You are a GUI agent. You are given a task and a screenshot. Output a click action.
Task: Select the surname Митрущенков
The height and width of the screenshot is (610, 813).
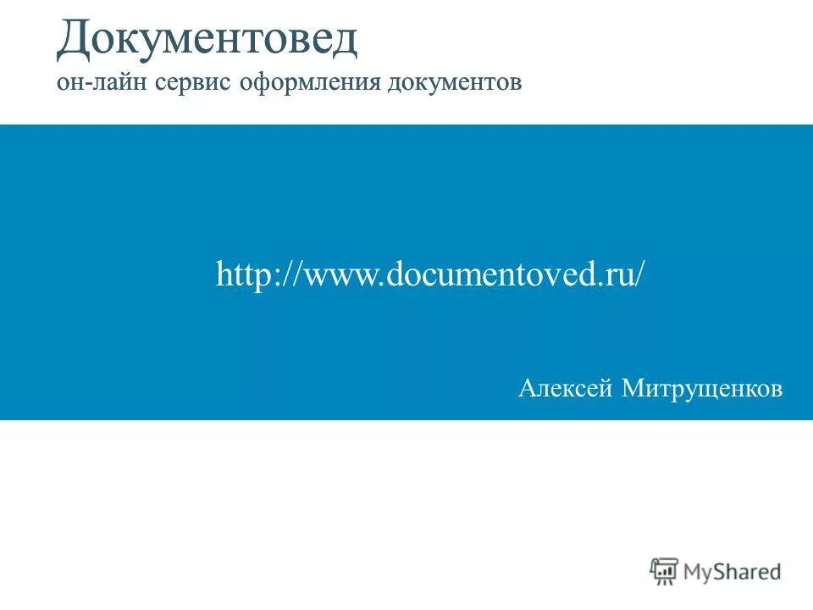coord(702,389)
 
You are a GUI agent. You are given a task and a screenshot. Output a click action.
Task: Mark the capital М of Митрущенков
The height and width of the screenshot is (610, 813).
coord(633,389)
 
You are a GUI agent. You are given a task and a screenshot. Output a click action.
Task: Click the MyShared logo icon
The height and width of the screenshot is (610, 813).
coord(665,571)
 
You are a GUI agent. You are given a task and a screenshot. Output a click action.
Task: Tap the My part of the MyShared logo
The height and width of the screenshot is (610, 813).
coord(700,573)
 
